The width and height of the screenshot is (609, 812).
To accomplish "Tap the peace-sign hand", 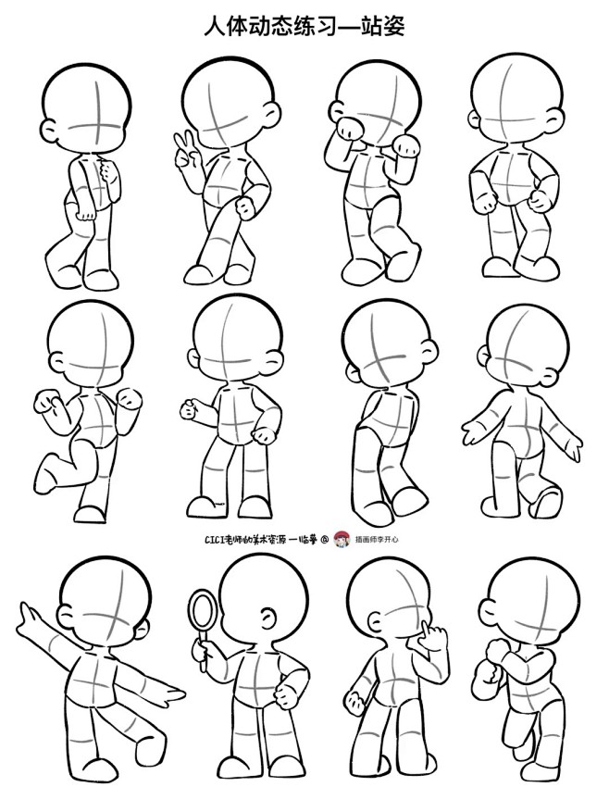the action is [184, 151].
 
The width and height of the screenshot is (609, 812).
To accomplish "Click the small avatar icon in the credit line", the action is [342, 539].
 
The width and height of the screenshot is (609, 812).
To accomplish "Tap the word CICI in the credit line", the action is [214, 540].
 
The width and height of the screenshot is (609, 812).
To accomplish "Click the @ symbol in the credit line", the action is [325, 540].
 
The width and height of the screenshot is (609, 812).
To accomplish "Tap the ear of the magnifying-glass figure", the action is [267, 618].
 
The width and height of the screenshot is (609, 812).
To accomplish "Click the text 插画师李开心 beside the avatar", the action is [377, 540].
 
